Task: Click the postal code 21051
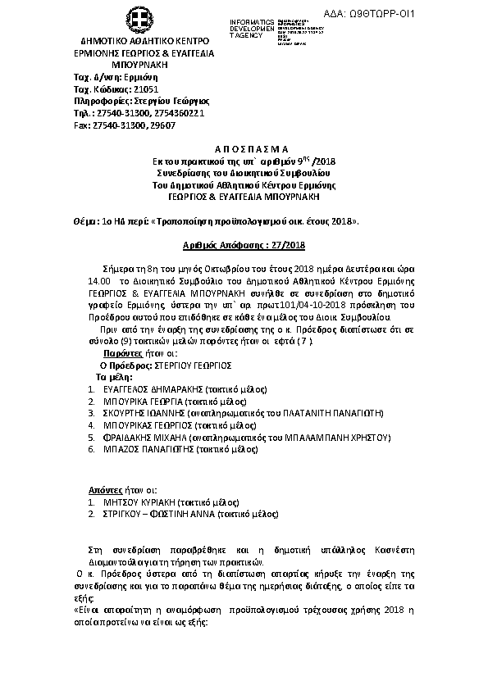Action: coord(141,88)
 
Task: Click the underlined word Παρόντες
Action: coord(110,352)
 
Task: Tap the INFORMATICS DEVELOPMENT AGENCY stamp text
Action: coord(253,27)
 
